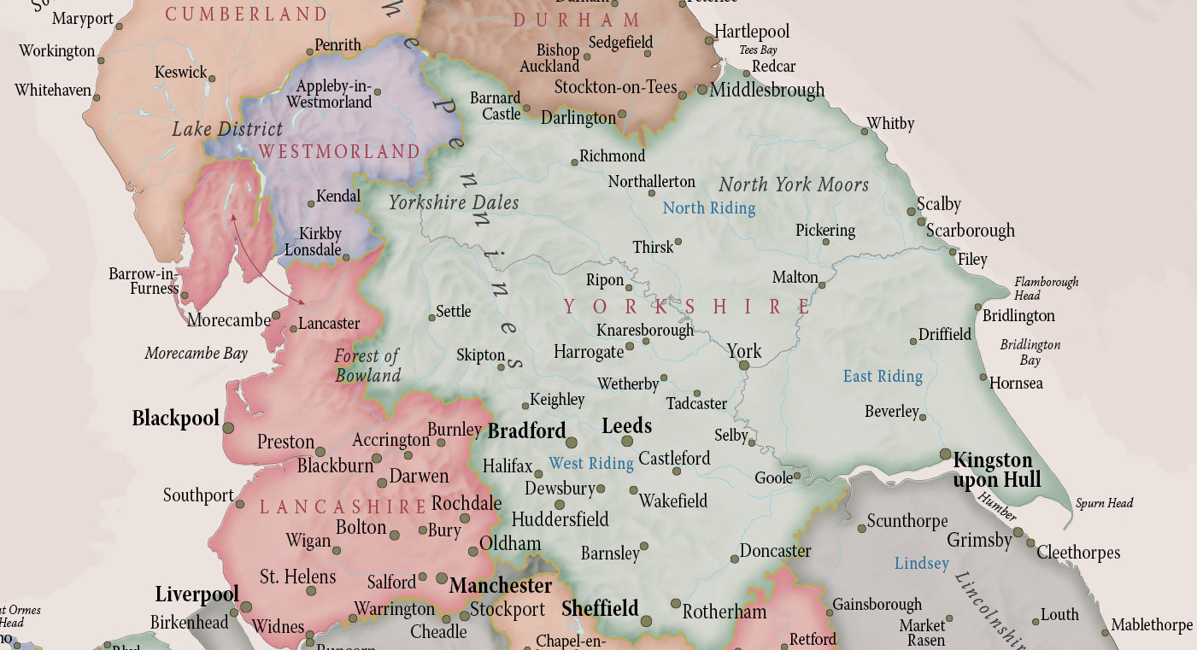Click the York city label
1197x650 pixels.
743,350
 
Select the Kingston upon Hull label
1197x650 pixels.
997,471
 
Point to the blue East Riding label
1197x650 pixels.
883,376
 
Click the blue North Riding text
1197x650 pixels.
709,208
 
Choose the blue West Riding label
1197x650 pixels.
591,464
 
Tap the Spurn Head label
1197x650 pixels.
1104,503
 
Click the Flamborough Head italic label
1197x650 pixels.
1046,288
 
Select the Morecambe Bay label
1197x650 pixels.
196,354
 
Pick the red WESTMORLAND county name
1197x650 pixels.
339,152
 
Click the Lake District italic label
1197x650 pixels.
227,129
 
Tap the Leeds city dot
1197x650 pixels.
627,442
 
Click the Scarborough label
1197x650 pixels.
971,231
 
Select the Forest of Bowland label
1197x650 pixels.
367,366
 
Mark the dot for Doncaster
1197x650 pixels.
734,559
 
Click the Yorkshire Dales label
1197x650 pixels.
454,202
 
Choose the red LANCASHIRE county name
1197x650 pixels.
343,507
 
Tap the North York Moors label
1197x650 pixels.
794,184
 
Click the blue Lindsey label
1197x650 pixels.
922,564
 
